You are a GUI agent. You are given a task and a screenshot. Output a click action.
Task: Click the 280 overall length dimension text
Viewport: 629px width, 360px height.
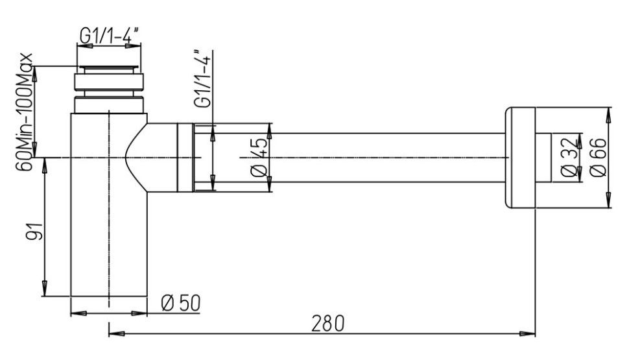pyautogui.click(x=327, y=324)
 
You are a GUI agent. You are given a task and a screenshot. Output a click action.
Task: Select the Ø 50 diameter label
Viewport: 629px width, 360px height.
pyautogui.click(x=180, y=303)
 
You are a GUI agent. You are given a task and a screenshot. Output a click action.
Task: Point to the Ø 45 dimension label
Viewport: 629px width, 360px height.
pyautogui.click(x=259, y=158)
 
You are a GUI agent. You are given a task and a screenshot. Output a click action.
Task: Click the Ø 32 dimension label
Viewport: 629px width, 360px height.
pyautogui.click(x=569, y=158)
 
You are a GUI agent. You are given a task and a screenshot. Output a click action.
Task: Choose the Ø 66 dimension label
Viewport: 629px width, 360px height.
pyautogui.click(x=598, y=158)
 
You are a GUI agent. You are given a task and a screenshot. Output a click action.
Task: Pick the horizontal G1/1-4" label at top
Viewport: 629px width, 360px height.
pyautogui.click(x=109, y=36)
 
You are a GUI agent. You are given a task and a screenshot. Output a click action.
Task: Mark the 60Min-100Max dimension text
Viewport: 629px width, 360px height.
pyautogui.click(x=25, y=112)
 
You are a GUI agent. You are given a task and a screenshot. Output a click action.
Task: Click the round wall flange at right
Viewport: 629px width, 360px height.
pyautogui.click(x=520, y=158)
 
